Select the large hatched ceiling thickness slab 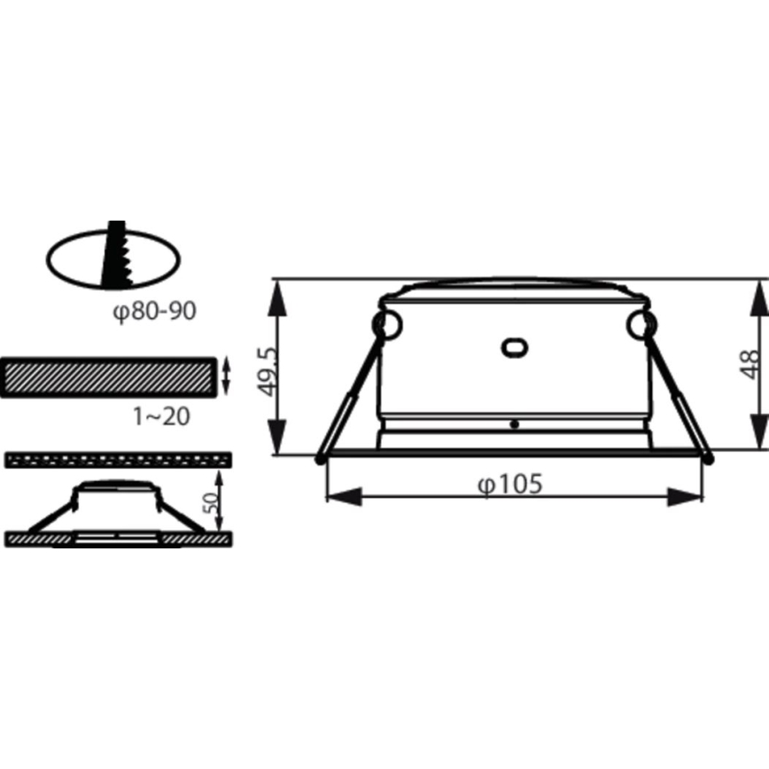tap(108, 377)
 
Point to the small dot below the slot tap(514, 424)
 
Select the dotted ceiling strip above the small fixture tap(118, 459)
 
